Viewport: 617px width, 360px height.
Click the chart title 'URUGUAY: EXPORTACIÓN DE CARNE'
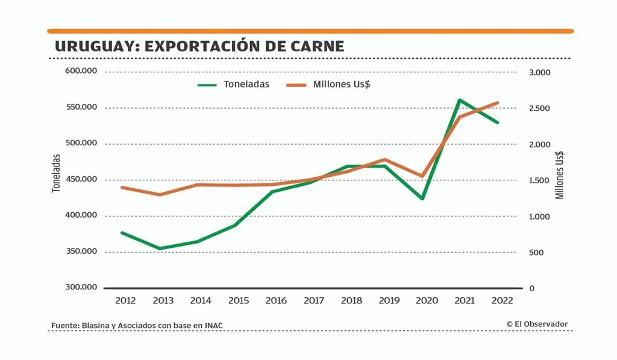[199, 46]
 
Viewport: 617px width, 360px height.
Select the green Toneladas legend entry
[234, 84]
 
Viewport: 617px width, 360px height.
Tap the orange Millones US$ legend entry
[328, 84]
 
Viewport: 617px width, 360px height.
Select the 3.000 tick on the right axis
[539, 72]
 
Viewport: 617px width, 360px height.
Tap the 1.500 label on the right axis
[539, 180]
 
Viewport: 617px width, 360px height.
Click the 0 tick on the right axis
[532, 288]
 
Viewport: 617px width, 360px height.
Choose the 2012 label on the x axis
[125, 301]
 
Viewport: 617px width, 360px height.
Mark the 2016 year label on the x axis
[276, 301]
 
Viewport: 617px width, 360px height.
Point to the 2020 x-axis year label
[427, 301]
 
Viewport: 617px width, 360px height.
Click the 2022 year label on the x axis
[503, 301]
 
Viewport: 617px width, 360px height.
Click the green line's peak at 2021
[460, 100]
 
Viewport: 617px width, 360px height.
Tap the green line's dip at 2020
[422, 198]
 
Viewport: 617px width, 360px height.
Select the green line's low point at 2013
[160, 248]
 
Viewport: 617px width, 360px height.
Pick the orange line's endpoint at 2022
[498, 103]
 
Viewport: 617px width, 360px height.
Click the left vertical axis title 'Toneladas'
[57, 173]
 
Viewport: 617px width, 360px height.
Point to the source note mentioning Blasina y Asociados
[137, 326]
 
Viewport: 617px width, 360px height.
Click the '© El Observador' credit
[537, 324]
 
